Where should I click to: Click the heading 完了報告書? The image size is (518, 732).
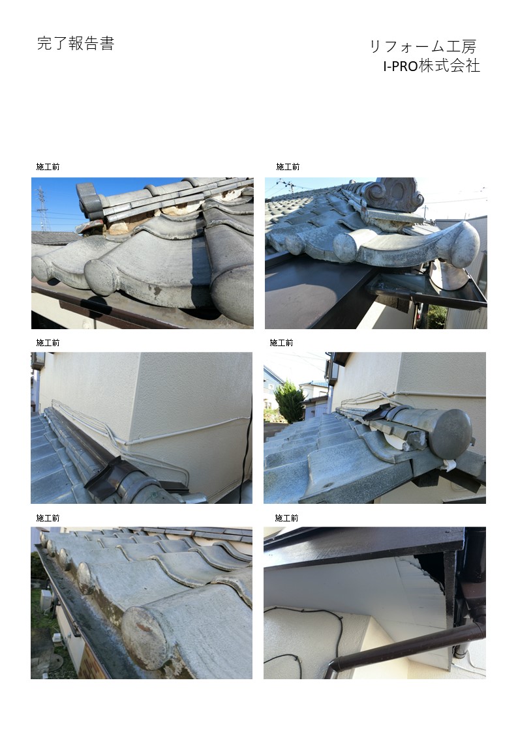[x=76, y=44]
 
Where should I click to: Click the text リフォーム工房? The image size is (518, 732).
[x=423, y=46]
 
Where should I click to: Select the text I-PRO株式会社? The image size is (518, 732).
[x=432, y=66]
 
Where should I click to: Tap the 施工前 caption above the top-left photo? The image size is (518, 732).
[x=48, y=167]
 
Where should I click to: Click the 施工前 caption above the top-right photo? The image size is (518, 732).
[x=288, y=167]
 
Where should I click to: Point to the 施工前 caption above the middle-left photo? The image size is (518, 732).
[x=48, y=343]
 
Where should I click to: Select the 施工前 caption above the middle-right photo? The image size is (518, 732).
[x=281, y=343]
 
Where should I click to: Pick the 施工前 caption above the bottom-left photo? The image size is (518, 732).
[x=48, y=518]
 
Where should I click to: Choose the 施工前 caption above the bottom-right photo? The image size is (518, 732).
[x=286, y=518]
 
